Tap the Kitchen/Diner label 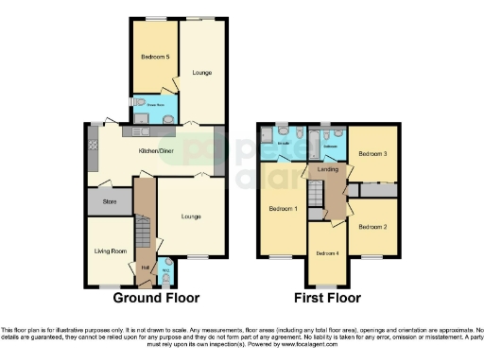(155, 150)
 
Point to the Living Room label (111, 251)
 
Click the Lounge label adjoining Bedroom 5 (201, 72)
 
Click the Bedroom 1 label (282, 208)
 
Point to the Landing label (328, 169)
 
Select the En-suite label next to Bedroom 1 (282, 143)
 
